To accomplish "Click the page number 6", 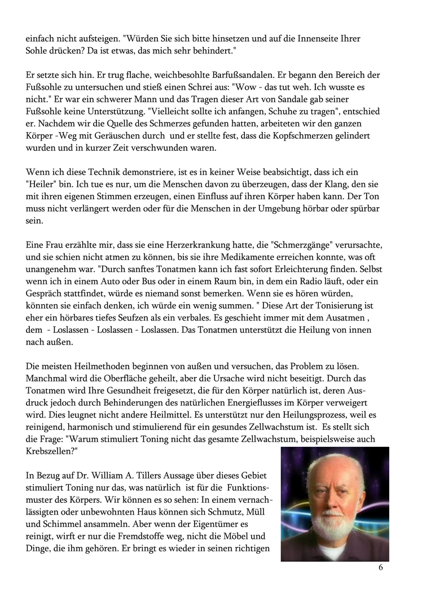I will coord(380,568).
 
